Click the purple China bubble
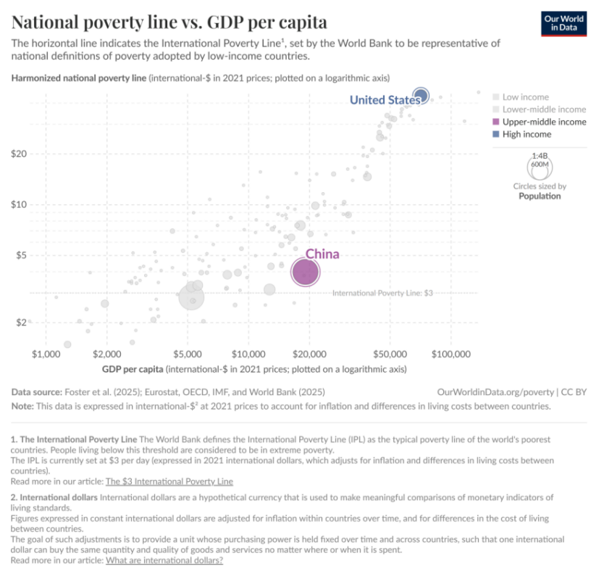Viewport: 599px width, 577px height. [x=305, y=273]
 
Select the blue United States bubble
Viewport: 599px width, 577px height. [x=421, y=95]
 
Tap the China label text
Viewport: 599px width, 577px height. [x=322, y=254]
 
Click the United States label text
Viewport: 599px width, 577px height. [x=383, y=100]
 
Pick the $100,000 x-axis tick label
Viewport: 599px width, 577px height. [x=451, y=354]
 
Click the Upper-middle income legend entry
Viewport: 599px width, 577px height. [x=544, y=122]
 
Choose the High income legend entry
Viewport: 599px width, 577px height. [x=527, y=134]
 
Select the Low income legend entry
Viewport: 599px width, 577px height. [x=525, y=97]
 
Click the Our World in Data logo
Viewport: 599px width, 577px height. [x=562, y=23]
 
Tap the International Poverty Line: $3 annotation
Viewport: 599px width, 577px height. [x=382, y=293]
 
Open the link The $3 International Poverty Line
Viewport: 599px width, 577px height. [x=169, y=481]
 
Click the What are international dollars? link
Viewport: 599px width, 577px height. [x=164, y=560]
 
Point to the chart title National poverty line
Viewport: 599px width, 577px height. [x=169, y=21]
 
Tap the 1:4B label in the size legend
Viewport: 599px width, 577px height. [x=540, y=156]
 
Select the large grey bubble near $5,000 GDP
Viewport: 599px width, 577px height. [x=191, y=296]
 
